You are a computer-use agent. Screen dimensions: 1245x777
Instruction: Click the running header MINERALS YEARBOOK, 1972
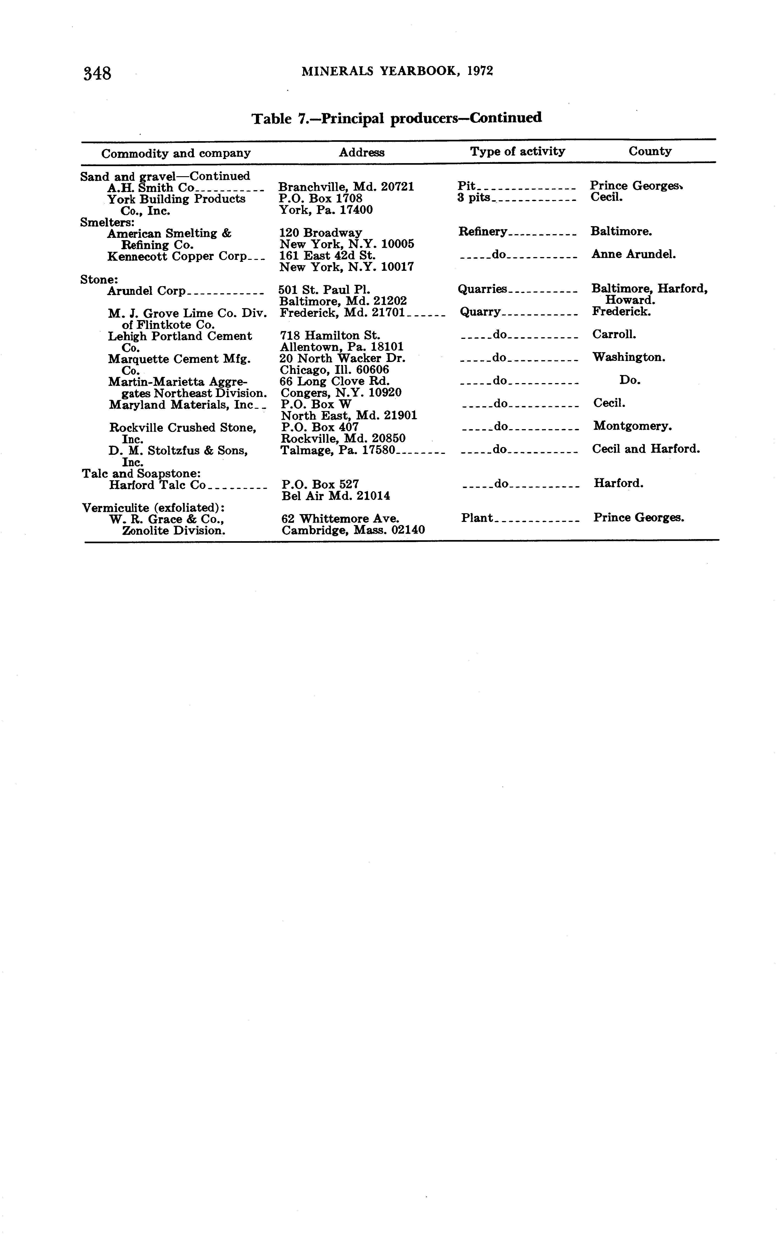click(397, 71)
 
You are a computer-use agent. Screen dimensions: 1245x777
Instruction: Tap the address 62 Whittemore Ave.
click(340, 518)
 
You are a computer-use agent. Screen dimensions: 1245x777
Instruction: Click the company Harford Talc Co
click(157, 485)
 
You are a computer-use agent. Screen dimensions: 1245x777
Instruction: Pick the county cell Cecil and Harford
click(645, 449)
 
